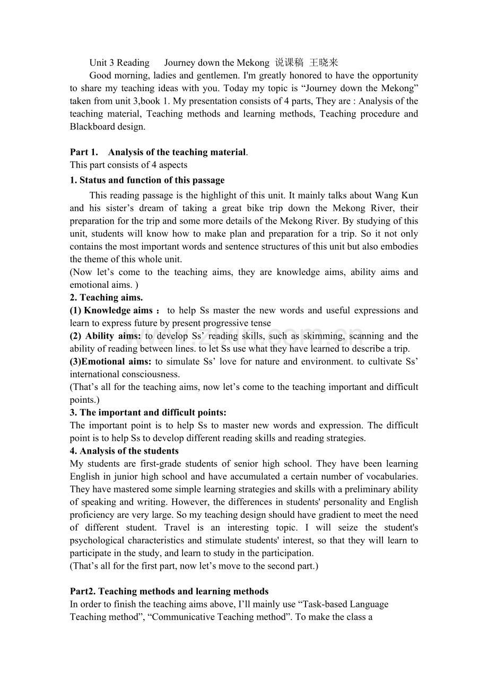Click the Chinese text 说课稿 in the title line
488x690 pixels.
click(x=289, y=63)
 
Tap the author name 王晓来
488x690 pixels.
click(x=324, y=63)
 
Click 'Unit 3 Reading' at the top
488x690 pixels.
click(x=119, y=63)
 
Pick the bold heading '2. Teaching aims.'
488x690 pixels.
click(x=107, y=297)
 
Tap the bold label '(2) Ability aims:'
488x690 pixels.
click(x=106, y=336)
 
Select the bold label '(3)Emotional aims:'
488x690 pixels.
click(x=111, y=361)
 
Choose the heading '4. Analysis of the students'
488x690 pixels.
click(x=125, y=451)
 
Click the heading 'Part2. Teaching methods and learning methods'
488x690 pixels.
click(x=169, y=591)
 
